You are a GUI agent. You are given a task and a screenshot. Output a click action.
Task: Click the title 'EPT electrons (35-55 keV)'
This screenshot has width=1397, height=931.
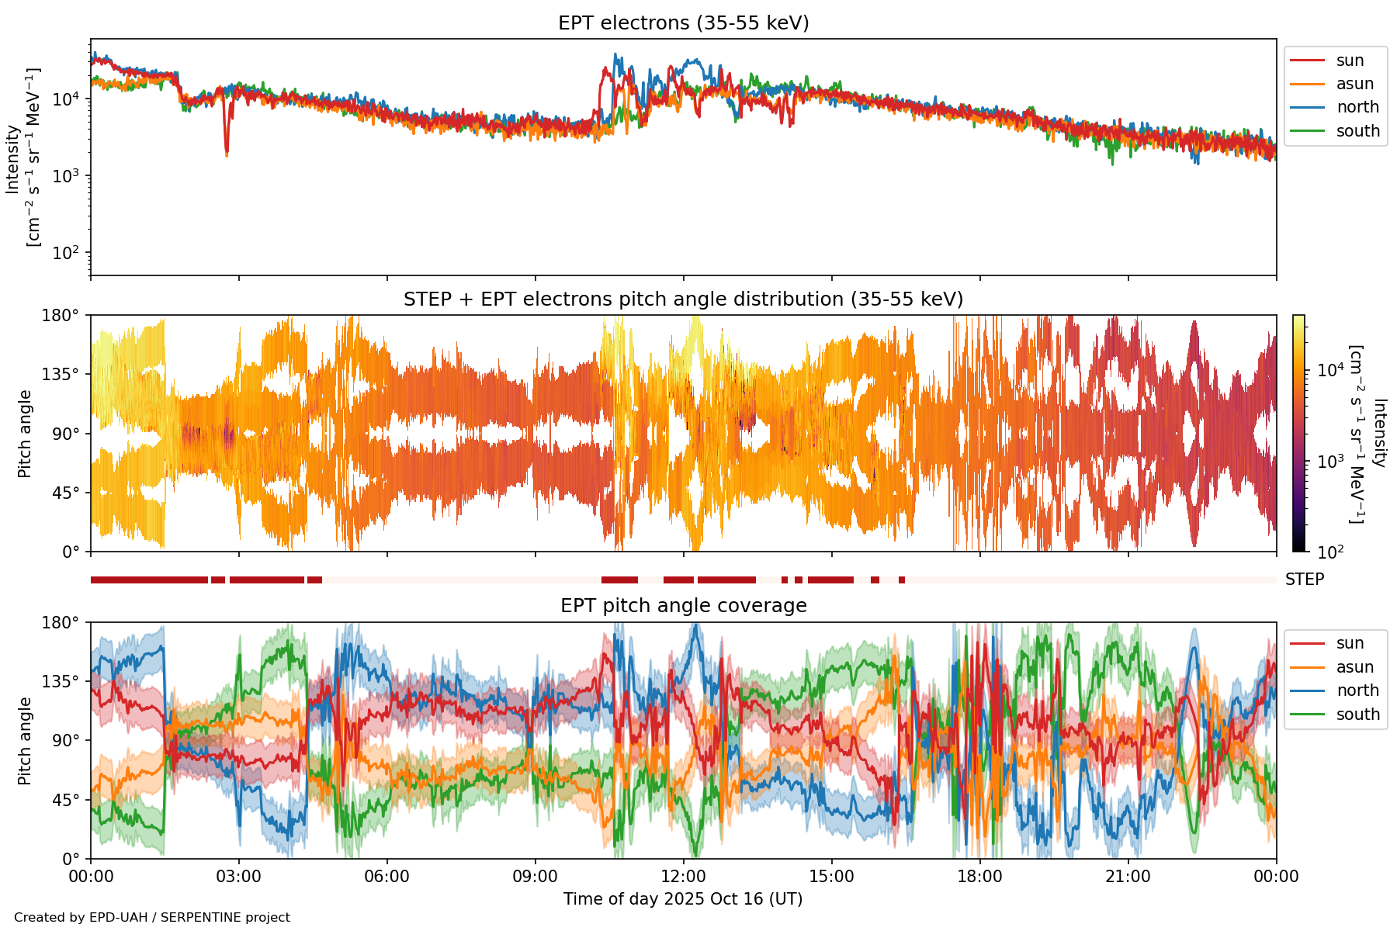pyautogui.click(x=683, y=23)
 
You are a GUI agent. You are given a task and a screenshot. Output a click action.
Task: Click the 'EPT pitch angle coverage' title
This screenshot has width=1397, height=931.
pyautogui.click(x=683, y=606)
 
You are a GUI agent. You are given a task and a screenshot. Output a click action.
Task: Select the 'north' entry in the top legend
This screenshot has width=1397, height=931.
pyautogui.click(x=1357, y=107)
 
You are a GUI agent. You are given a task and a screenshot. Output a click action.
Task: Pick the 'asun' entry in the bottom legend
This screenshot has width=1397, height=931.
pyautogui.click(x=1354, y=667)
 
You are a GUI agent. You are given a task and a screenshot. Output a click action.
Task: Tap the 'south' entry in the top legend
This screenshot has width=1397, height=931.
pyautogui.click(x=1357, y=131)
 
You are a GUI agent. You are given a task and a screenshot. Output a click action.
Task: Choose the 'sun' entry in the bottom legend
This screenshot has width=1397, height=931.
pyautogui.click(x=1350, y=643)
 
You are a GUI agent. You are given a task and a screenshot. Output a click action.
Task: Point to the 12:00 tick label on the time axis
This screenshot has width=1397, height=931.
pyautogui.click(x=683, y=877)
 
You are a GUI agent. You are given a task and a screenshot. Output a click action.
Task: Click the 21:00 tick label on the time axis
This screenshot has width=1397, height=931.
pyautogui.click(x=1128, y=877)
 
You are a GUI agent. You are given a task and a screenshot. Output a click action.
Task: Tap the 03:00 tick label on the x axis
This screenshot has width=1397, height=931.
pyautogui.click(x=239, y=877)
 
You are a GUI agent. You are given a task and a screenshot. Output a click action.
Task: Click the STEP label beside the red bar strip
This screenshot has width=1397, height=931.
pyautogui.click(x=1304, y=580)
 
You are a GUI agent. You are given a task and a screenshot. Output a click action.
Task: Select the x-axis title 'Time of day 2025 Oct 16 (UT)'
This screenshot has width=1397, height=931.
pyautogui.click(x=683, y=899)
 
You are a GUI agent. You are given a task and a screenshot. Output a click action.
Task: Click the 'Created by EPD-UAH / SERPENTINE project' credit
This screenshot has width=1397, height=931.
pyautogui.click(x=152, y=918)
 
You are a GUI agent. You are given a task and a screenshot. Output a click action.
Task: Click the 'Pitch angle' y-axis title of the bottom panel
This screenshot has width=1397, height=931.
pyautogui.click(x=26, y=741)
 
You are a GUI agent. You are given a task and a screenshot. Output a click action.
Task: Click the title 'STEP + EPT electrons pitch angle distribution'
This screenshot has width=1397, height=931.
pyautogui.click(x=683, y=299)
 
